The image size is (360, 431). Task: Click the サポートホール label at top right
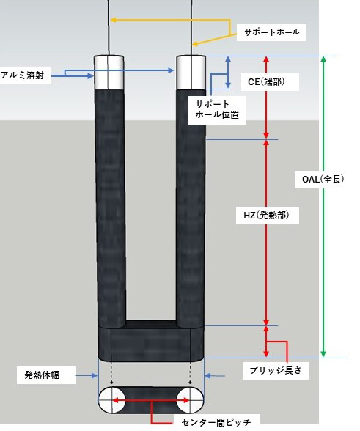(272, 32)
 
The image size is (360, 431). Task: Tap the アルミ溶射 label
(23, 75)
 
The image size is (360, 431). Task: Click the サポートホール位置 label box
(217, 109)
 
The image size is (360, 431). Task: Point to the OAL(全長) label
(323, 179)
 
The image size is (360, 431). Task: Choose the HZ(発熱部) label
(266, 215)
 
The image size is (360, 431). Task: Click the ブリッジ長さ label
(276, 370)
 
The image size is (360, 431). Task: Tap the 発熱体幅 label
(42, 375)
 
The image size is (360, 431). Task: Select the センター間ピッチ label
(216, 422)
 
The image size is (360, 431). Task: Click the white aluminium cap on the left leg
(109, 73)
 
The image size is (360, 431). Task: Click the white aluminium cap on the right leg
(191, 73)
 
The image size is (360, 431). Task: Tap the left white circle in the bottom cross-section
(112, 400)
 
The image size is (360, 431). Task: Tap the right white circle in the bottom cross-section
(190, 400)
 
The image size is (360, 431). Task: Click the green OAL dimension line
(323, 206)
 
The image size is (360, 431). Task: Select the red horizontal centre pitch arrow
(151, 400)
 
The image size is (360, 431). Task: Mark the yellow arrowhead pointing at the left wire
(114, 20)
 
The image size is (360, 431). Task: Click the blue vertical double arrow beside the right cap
(228, 72)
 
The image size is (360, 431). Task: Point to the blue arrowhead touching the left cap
(91, 75)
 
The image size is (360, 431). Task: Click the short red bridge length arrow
(266, 342)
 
